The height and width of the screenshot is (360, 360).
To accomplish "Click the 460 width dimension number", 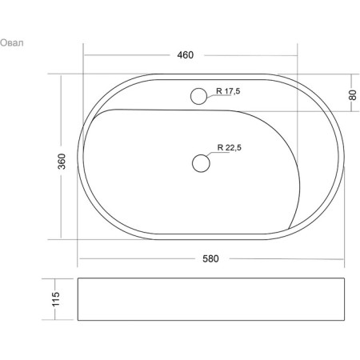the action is (x=186, y=55).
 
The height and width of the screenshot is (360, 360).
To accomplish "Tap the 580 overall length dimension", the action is (x=210, y=258).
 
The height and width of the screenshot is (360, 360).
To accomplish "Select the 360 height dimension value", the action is (x=62, y=162).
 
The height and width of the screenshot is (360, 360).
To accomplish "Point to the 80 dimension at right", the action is (x=352, y=95).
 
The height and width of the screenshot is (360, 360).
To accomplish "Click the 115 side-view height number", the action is (x=56, y=299).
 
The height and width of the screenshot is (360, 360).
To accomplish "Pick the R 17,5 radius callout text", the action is (x=228, y=91).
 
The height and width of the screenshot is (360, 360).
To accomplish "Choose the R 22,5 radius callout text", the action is (x=230, y=147).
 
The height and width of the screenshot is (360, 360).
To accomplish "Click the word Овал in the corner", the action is (x=12, y=42).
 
